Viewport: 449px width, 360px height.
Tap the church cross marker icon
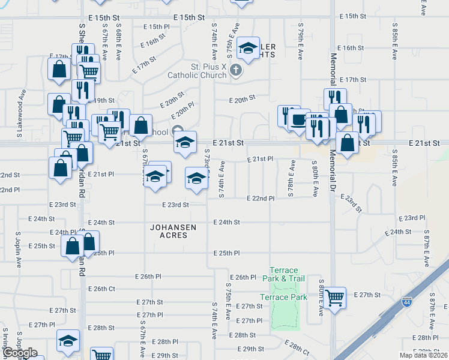236,70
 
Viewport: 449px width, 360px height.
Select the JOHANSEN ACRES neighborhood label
169,231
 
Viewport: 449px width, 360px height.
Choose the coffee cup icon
298,119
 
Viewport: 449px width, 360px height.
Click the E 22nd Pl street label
261,198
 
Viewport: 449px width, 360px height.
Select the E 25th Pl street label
226,253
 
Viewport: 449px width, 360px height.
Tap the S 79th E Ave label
300,41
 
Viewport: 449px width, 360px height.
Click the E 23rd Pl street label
411,217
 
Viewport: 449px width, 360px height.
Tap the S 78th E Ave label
292,178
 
